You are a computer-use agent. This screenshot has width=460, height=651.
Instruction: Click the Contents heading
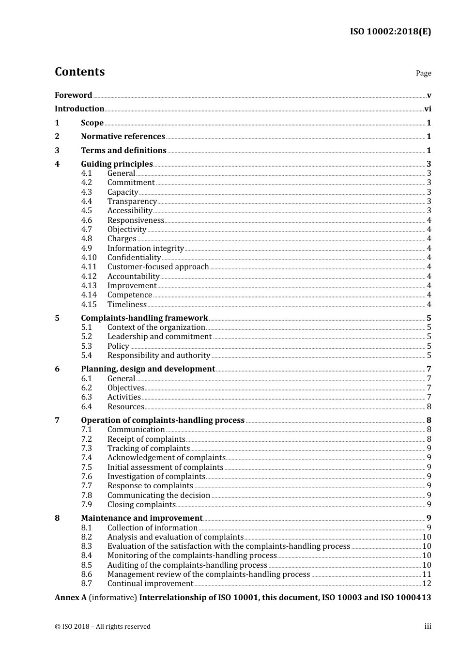pyautogui.click(x=79, y=72)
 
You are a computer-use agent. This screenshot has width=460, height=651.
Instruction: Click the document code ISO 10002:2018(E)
pyautogui.click(x=390, y=31)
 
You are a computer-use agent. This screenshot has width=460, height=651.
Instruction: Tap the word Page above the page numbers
pyautogui.click(x=423, y=73)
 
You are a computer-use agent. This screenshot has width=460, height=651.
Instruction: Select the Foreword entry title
pyautogui.click(x=73, y=95)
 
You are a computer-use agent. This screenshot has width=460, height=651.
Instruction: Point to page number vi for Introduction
pyautogui.click(x=428, y=109)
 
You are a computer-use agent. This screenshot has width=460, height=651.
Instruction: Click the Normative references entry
pyautogui.click(x=123, y=137)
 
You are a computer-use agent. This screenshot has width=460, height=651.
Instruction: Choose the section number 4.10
pyautogui.click(x=89, y=258)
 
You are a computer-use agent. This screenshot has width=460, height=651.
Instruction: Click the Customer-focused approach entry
pyautogui.click(x=158, y=267)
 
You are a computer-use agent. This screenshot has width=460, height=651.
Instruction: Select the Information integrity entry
pyautogui.click(x=145, y=248)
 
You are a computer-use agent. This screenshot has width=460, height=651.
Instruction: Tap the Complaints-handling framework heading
pyautogui.click(x=144, y=318)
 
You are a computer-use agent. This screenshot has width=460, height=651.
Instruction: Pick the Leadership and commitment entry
pyautogui.click(x=159, y=337)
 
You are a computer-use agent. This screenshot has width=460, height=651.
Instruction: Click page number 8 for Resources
pyautogui.click(x=429, y=407)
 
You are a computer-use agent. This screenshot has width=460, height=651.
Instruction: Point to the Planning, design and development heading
pyautogui.click(x=148, y=369)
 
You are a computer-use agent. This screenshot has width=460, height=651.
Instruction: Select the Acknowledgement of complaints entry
pyautogui.click(x=166, y=458)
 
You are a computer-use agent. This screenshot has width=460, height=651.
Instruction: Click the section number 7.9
pyautogui.click(x=86, y=505)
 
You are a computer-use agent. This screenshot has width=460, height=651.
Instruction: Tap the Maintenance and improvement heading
pyautogui.click(x=141, y=518)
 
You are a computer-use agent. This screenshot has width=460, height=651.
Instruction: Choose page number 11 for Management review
pyautogui.click(x=427, y=574)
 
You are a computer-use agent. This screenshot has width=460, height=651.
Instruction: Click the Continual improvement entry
pyautogui.click(x=150, y=584)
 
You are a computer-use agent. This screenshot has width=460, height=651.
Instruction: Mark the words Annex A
pyautogui.click(x=71, y=598)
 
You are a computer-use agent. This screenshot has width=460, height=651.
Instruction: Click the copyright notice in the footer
pyautogui.click(x=103, y=626)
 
